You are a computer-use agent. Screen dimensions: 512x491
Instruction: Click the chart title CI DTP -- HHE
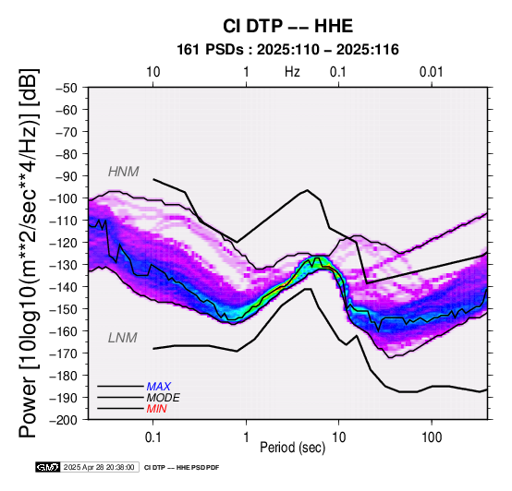tap(287, 26)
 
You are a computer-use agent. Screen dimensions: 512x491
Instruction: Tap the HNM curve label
tap(124, 172)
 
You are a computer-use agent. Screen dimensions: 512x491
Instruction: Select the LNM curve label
tap(122, 338)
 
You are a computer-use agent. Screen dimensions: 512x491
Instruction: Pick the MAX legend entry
tap(158, 387)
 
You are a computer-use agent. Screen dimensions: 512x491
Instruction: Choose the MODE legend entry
tap(163, 398)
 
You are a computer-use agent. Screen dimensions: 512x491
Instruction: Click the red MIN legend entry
tap(156, 409)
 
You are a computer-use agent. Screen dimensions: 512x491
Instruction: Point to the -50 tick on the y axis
tap(67, 88)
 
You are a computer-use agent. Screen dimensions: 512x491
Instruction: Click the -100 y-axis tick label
tap(64, 198)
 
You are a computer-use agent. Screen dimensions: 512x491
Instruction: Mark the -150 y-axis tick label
tap(64, 309)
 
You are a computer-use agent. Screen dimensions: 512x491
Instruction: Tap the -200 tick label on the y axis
tap(64, 420)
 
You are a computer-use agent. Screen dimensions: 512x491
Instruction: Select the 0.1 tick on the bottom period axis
tap(152, 437)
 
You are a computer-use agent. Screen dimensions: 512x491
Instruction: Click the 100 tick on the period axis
tap(432, 437)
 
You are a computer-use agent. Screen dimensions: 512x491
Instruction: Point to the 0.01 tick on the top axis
tap(432, 72)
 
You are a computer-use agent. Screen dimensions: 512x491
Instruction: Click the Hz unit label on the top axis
tap(292, 72)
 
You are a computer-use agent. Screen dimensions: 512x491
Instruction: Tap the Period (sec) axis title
tap(293, 448)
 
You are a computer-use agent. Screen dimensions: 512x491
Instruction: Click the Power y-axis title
tap(29, 253)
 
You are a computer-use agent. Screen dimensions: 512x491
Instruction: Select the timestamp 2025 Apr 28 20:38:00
tap(99, 467)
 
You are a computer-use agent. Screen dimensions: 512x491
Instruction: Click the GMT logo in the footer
tap(48, 467)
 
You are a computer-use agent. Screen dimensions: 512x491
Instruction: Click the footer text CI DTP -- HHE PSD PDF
tap(181, 468)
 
